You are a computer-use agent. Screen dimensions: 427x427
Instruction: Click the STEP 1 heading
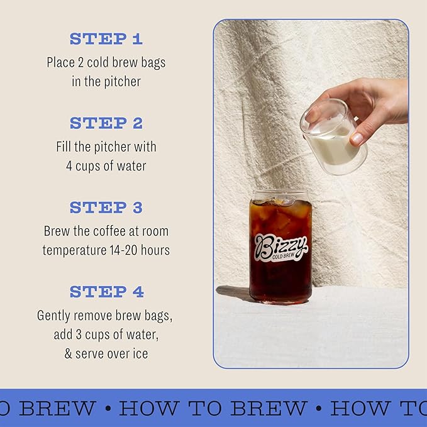coord(106,39)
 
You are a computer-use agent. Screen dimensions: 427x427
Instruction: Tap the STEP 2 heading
coord(106,123)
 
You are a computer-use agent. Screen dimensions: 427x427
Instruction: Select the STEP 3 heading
coord(106,208)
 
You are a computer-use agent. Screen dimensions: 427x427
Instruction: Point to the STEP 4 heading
coord(106,292)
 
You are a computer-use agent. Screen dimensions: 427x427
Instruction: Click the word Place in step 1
coord(60,63)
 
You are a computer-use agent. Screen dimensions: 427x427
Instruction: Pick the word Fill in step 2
coord(64,147)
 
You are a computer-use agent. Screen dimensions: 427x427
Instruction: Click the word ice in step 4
coord(140,353)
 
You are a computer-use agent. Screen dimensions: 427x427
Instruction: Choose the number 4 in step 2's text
coord(69,166)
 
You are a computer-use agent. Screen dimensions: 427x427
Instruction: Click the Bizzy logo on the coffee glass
coord(280,245)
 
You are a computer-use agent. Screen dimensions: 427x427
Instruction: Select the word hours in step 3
coord(155,250)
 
